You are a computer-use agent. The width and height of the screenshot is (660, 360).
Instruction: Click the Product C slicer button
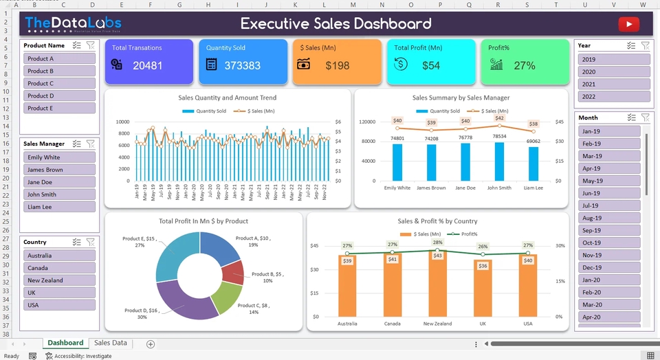[60, 83]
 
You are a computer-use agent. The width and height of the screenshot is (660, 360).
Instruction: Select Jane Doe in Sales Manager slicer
[60, 182]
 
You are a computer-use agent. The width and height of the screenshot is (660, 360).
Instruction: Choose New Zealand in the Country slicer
[60, 280]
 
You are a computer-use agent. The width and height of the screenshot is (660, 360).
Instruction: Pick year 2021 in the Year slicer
[614, 85]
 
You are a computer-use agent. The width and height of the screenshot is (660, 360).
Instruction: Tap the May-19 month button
[609, 181]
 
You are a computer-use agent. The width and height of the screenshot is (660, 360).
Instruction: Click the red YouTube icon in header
[628, 25]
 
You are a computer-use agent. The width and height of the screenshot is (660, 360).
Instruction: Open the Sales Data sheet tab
[111, 343]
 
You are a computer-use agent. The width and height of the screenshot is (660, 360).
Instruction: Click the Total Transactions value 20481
[148, 66]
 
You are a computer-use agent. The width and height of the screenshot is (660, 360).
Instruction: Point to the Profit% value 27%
[524, 66]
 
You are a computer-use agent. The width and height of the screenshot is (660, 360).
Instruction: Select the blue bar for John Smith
[499, 161]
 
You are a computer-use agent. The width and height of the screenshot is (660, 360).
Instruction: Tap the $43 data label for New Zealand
[437, 256]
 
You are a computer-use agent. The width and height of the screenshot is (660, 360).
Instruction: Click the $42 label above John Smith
[499, 118]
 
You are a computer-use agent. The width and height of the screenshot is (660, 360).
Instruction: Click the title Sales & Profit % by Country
[437, 221]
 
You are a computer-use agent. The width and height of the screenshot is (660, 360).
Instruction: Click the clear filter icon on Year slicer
[645, 45]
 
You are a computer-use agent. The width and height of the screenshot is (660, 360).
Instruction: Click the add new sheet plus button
[151, 344]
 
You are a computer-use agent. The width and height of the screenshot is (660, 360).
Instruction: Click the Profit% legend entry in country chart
[465, 234]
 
